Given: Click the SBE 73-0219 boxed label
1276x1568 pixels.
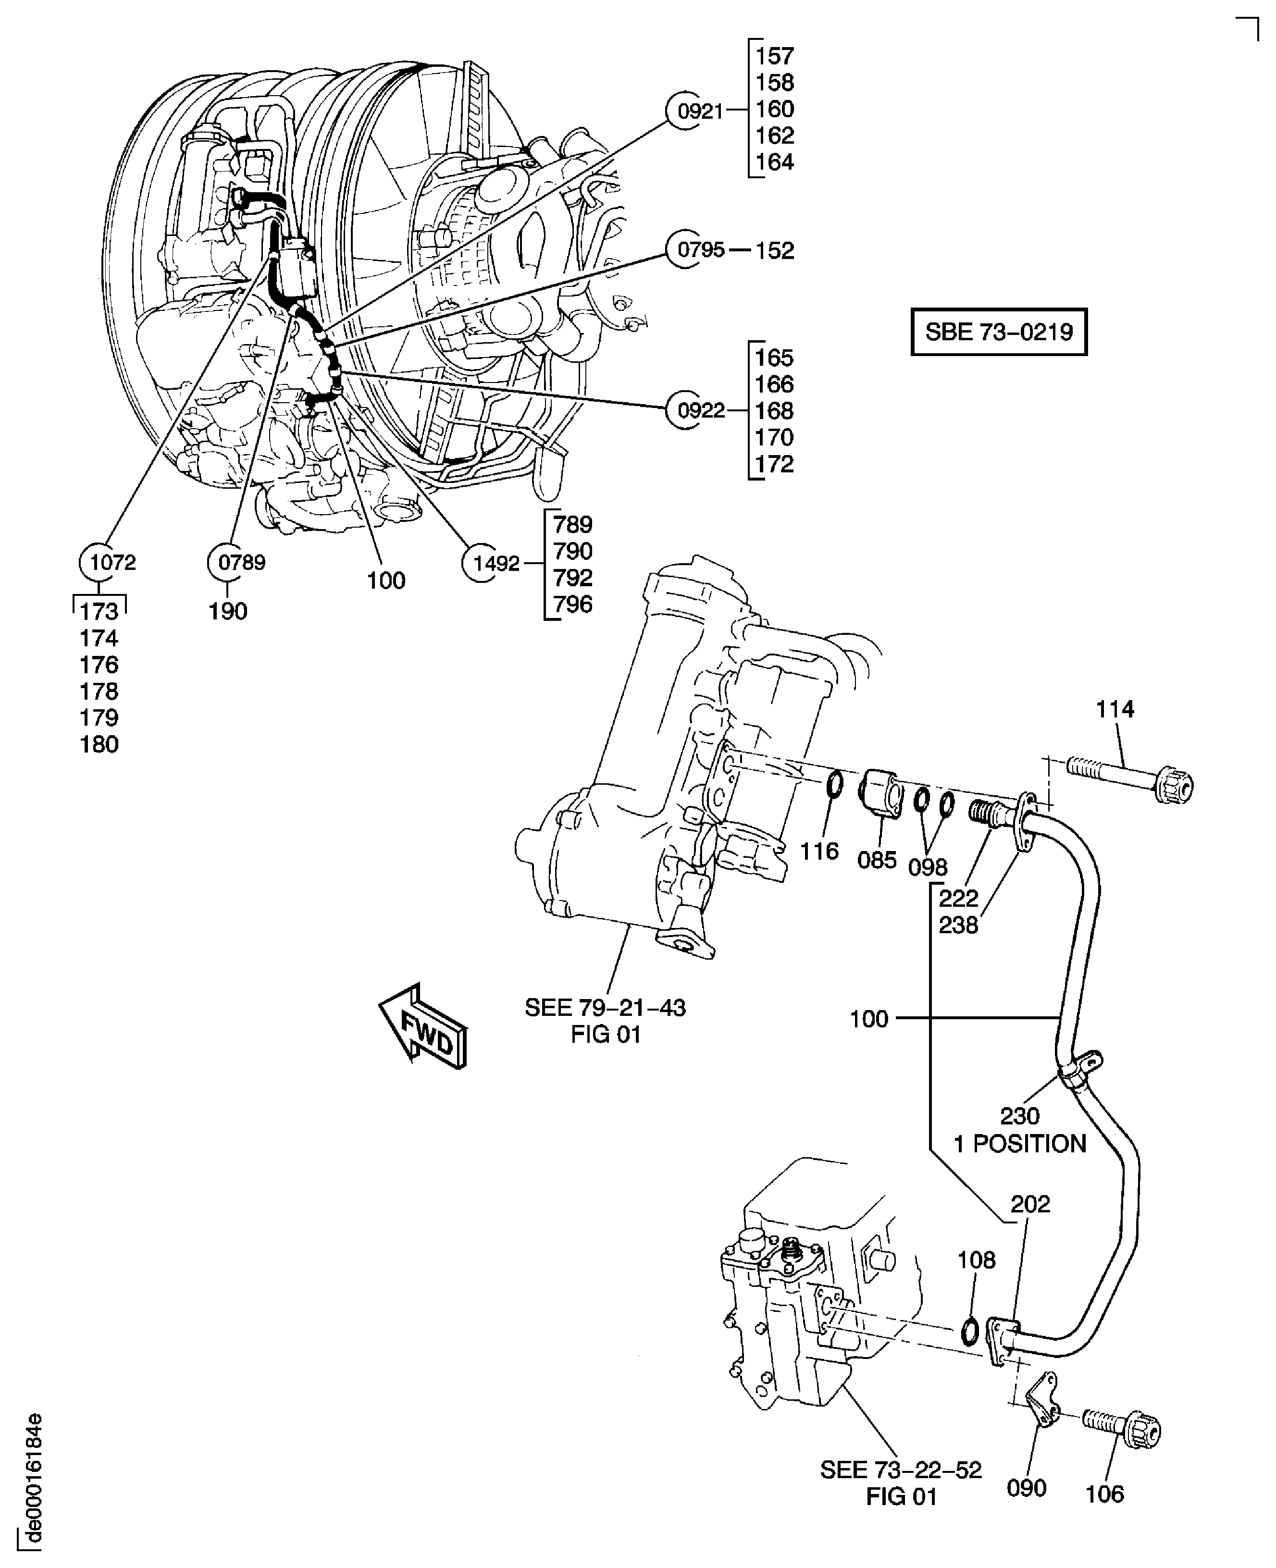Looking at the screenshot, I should pos(998,332).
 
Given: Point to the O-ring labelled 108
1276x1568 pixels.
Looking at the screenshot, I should pos(969,1330).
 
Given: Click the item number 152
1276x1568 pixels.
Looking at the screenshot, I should pos(775,250).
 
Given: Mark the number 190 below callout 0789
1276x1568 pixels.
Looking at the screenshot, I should pos(228,611).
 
